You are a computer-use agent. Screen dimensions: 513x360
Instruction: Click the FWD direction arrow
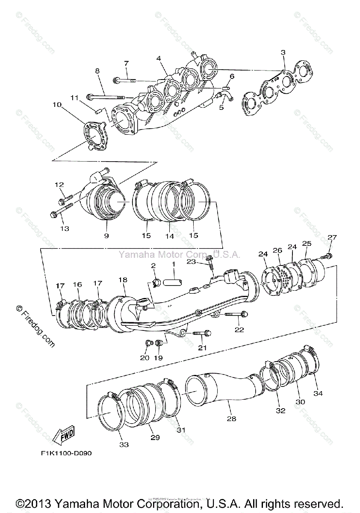point(63,435)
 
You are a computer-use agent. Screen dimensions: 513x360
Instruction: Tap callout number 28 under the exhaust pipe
point(231,419)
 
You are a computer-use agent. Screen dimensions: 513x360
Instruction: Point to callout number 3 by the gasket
point(283,53)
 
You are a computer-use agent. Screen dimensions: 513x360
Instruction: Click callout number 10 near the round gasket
point(57,104)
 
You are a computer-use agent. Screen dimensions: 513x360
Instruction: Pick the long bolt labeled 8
point(107,96)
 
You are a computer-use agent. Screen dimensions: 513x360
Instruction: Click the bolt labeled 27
point(328,256)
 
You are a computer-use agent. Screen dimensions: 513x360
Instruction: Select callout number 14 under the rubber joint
point(170,236)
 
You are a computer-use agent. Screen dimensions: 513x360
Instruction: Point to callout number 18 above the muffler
point(123,280)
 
